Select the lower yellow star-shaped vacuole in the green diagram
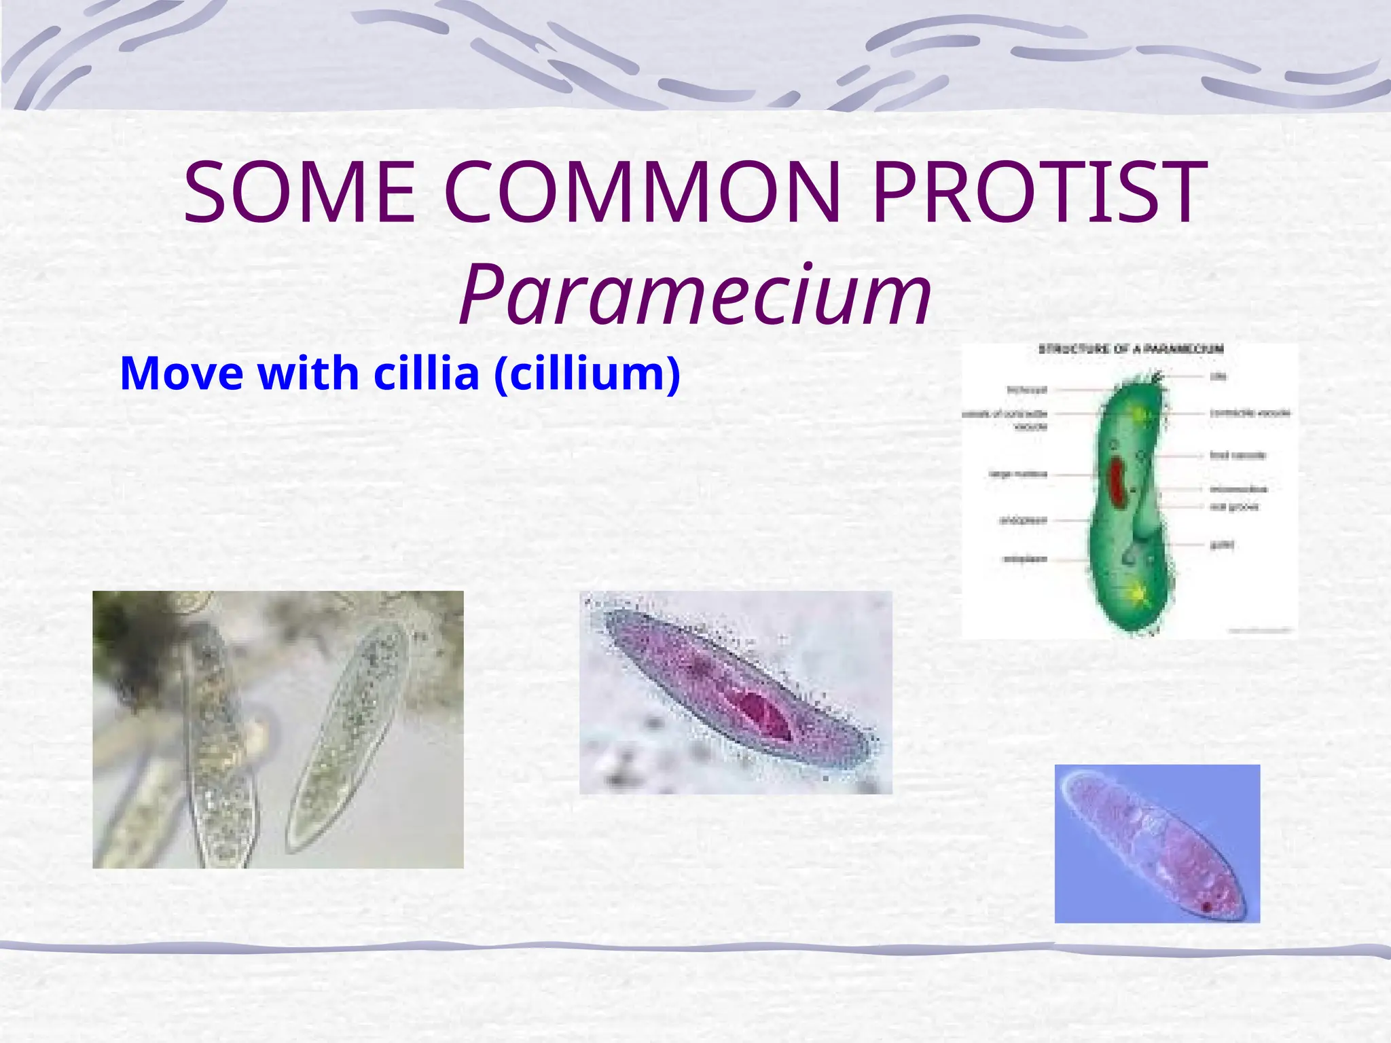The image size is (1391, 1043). click(1134, 593)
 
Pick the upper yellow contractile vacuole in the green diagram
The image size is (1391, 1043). click(1139, 414)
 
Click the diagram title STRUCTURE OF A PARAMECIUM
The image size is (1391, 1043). click(1131, 349)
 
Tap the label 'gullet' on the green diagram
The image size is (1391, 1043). click(1221, 545)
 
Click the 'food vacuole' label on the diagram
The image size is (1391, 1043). click(1238, 455)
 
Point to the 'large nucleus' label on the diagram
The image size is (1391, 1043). click(1017, 474)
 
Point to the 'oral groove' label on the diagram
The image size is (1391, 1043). click(1234, 507)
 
